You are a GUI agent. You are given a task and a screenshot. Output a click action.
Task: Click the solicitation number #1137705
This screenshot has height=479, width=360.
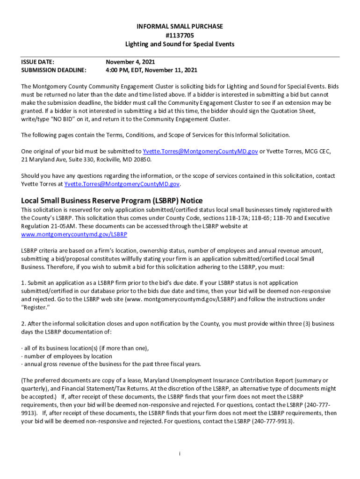pyautogui.click(x=180, y=35)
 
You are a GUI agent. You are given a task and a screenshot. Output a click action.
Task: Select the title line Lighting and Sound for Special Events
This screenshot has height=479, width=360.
pyautogui.click(x=180, y=44)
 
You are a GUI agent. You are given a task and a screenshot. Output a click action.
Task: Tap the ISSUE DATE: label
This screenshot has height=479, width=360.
pyautogui.click(x=38, y=62)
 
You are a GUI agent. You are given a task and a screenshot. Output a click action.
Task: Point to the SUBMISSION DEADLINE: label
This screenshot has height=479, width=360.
pyautogui.click(x=54, y=70)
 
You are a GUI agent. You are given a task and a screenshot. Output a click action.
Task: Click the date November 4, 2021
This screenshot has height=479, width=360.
pyautogui.click(x=130, y=62)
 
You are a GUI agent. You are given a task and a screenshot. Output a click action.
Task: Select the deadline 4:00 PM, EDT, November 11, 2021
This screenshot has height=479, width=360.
pyautogui.click(x=151, y=70)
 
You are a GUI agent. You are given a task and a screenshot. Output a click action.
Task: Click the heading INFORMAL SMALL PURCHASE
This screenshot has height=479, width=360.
pyautogui.click(x=180, y=27)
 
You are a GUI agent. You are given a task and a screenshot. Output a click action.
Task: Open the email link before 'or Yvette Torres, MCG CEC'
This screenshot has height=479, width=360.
pyautogui.click(x=200, y=151)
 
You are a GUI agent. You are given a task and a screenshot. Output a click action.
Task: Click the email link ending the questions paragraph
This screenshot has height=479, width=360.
pyautogui.click(x=122, y=184)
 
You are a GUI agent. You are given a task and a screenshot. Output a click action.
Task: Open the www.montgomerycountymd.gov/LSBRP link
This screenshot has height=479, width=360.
pyautogui.click(x=74, y=234)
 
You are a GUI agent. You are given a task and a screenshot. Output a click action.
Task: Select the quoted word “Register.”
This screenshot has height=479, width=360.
pyautogui.click(x=36, y=307)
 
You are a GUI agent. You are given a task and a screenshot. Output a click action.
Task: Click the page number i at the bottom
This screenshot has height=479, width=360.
pyautogui.click(x=180, y=453)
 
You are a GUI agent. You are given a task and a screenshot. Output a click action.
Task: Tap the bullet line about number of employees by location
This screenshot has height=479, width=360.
pyautogui.click(x=67, y=356)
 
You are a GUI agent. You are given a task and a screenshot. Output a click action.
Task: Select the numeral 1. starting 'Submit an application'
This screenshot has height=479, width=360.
pyautogui.click(x=23, y=283)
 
